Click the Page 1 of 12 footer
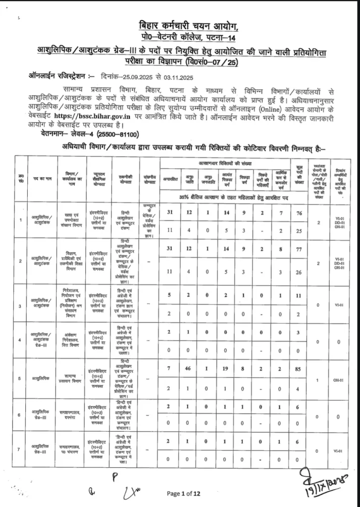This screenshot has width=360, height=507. click(183, 493)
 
